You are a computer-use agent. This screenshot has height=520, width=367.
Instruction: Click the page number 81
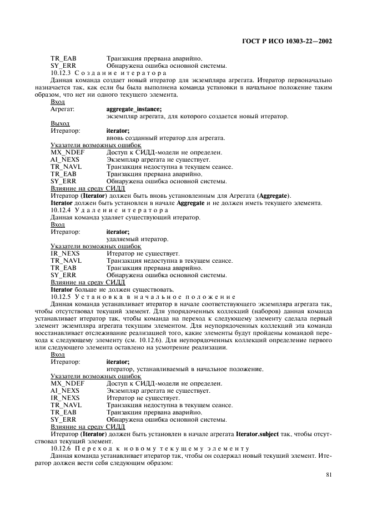[x=328, y=474]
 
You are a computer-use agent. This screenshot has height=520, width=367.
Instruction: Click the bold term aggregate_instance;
[x=134, y=109]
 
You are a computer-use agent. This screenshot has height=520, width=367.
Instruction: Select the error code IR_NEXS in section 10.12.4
[x=65, y=253]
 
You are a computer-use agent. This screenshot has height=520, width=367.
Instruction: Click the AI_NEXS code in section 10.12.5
[x=65, y=391]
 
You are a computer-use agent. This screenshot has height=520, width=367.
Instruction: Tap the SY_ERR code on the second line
[x=63, y=66]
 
